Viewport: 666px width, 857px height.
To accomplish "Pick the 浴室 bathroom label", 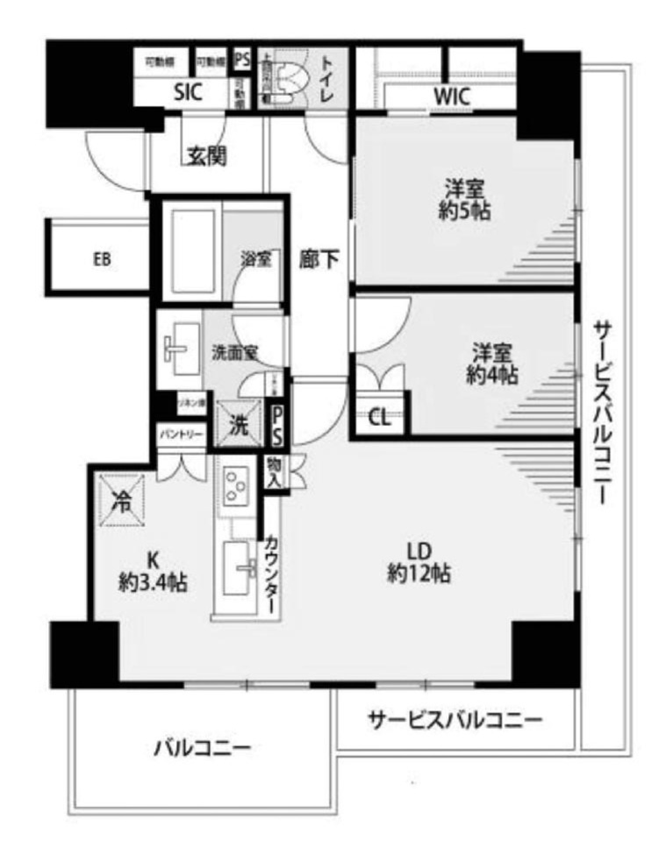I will click(255, 259).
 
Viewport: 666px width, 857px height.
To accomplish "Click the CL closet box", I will click(380, 417).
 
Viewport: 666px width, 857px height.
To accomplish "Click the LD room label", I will click(419, 551).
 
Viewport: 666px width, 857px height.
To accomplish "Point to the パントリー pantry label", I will click(182, 435).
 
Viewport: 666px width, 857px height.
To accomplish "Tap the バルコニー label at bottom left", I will click(203, 749).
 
